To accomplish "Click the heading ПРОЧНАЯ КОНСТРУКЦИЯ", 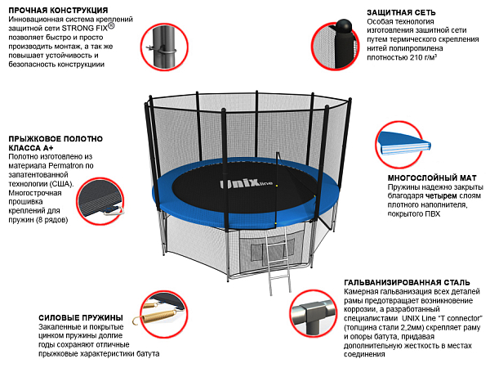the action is [58, 11].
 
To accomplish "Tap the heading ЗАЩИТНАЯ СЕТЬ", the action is [401, 12].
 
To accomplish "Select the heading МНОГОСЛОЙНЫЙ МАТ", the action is [432, 178].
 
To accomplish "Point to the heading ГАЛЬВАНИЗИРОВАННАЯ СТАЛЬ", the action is [407, 283].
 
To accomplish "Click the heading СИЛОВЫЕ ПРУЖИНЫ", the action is [81, 318].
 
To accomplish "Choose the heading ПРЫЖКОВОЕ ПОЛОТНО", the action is [56, 139].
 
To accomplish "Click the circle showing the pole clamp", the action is [164, 47].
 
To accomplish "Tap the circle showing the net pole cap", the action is [335, 46].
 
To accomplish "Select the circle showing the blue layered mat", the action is [400, 144].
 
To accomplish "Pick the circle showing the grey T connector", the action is [313, 313].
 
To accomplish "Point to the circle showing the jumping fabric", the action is [100, 201].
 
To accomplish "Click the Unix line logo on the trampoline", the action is [246, 183].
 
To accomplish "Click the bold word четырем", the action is [441, 196].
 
